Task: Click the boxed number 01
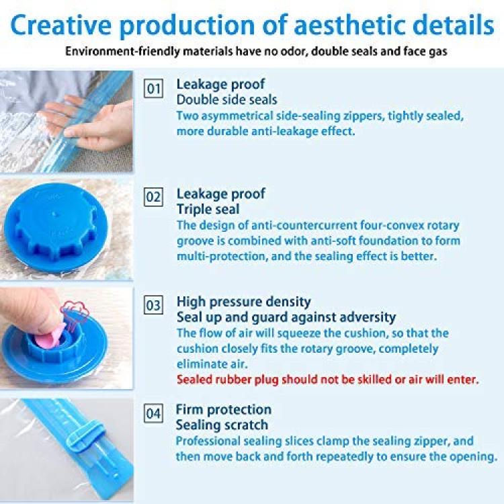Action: click(x=153, y=88)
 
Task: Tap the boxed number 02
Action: click(x=153, y=197)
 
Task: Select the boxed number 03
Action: click(x=153, y=304)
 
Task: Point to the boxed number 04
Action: click(x=153, y=413)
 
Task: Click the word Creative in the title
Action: click(x=61, y=25)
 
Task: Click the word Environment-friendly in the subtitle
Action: click(x=122, y=52)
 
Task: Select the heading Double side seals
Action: click(x=226, y=99)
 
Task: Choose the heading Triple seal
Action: click(x=208, y=209)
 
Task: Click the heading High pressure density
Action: click(x=244, y=302)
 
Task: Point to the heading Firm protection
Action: click(x=223, y=409)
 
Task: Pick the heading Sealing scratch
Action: click(x=222, y=425)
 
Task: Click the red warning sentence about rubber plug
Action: click(x=327, y=380)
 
